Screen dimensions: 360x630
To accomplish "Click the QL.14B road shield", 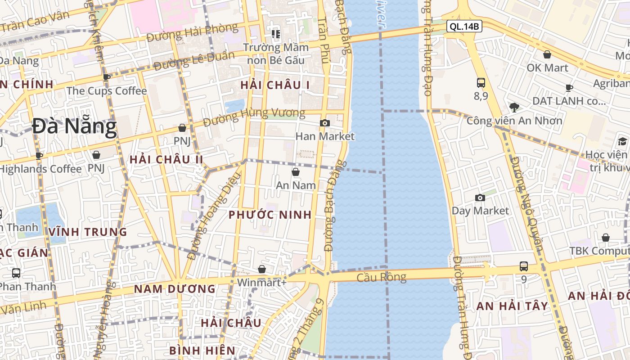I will [x=464, y=27].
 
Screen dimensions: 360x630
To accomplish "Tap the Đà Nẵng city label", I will [x=75, y=126].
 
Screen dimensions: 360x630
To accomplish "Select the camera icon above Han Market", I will [x=324, y=123].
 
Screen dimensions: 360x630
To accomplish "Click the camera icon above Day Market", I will [x=480, y=198].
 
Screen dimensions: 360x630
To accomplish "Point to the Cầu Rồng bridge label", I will [x=381, y=277].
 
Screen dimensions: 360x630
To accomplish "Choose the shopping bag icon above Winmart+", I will [x=262, y=269].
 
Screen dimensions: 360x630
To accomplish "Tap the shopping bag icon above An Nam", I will [x=296, y=172].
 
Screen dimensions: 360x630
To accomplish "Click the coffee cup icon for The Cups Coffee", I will [x=107, y=77].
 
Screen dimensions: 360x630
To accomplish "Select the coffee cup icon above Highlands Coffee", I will [x=39, y=156].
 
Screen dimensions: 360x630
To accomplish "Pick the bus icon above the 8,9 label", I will [x=481, y=83].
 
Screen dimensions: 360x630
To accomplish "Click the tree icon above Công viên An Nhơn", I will [x=514, y=107].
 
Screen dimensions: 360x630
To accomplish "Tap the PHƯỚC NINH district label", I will [x=270, y=215].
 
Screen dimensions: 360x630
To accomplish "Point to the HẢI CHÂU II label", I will [x=166, y=160].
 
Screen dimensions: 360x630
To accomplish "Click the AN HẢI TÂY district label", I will [x=512, y=306].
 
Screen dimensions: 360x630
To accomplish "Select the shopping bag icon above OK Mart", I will [x=547, y=55].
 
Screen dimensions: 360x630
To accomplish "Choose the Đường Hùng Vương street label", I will [x=254, y=117].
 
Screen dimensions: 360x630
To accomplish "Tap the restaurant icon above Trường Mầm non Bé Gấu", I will [x=276, y=34].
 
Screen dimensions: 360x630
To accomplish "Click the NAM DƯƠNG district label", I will [x=175, y=289].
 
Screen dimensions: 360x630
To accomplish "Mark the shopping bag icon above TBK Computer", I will [x=606, y=238].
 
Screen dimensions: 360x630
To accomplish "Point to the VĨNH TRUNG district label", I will [x=88, y=232].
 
